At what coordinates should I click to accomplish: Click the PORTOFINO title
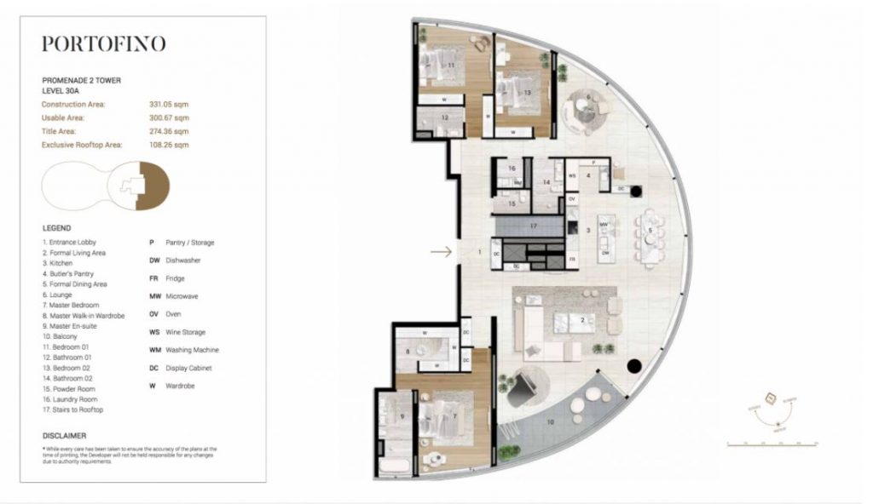coord(103,44)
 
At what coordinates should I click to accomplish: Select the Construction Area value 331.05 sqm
coord(169,104)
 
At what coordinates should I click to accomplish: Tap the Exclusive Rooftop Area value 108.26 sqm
coord(169,146)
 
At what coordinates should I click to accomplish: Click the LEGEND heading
coord(56,228)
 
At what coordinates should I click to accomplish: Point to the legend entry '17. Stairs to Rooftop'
coord(72,409)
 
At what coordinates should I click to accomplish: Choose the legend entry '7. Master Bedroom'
coord(70,305)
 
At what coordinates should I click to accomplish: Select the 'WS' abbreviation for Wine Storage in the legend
coord(153,332)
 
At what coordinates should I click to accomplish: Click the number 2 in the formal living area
coord(581,320)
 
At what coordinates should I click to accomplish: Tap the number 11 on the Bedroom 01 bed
coord(450,65)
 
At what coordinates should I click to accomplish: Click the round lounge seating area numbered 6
coord(587,106)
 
